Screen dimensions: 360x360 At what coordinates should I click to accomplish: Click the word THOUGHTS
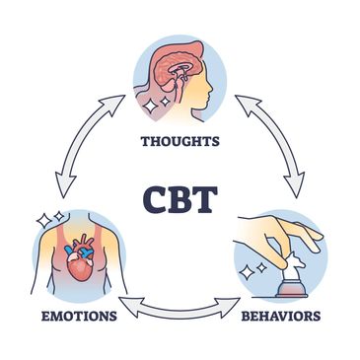[x=180, y=140]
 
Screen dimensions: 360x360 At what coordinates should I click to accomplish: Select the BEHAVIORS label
[x=280, y=318]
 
